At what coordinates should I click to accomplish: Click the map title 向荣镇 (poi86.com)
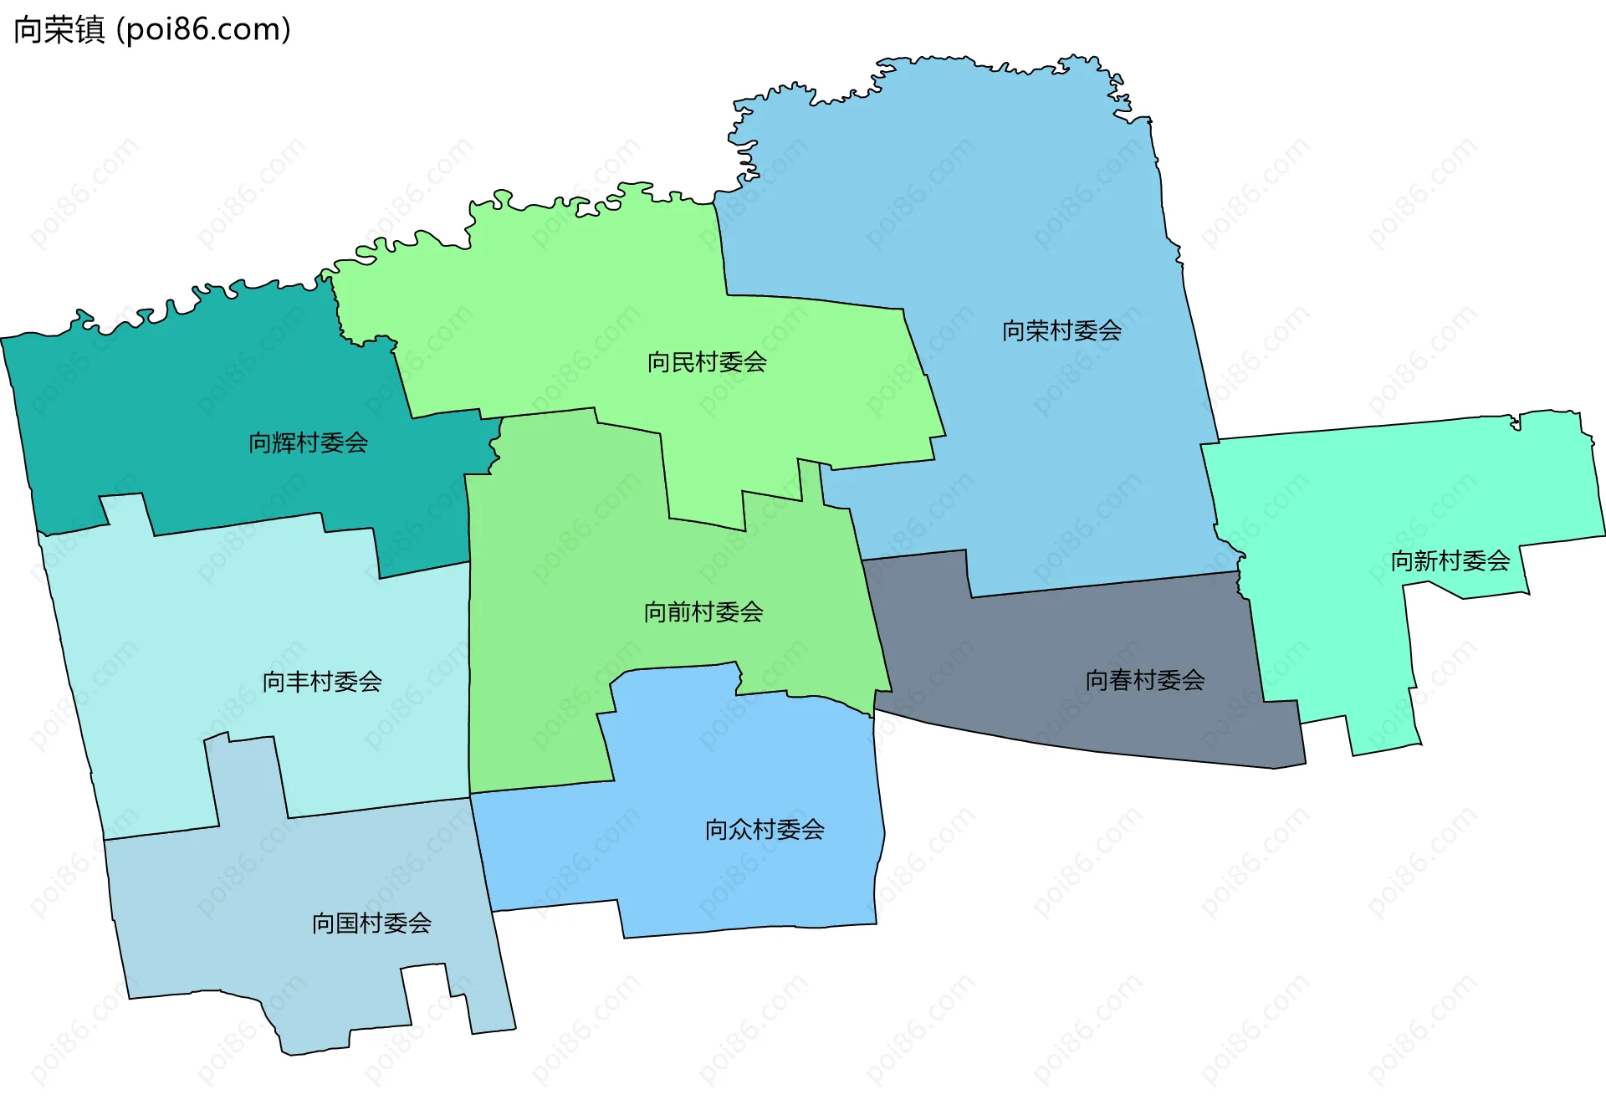152,30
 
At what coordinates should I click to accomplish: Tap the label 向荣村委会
1061,331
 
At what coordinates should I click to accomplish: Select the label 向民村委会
707,362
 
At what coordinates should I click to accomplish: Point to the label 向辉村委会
308,442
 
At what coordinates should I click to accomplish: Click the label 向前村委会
703,612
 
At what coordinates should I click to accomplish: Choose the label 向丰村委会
322,682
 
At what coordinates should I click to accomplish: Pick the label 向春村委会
1144,680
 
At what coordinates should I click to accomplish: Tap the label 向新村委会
1450,560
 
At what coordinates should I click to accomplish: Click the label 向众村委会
765,830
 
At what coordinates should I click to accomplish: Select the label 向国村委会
371,923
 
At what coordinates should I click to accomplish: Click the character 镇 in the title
90,30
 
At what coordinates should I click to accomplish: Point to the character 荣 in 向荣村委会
1038,331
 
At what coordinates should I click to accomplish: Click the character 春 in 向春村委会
1121,680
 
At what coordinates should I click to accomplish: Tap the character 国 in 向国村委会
348,923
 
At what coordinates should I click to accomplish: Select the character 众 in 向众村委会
741,830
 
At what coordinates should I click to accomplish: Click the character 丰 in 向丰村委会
299,682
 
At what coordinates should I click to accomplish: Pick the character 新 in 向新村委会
1426,560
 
